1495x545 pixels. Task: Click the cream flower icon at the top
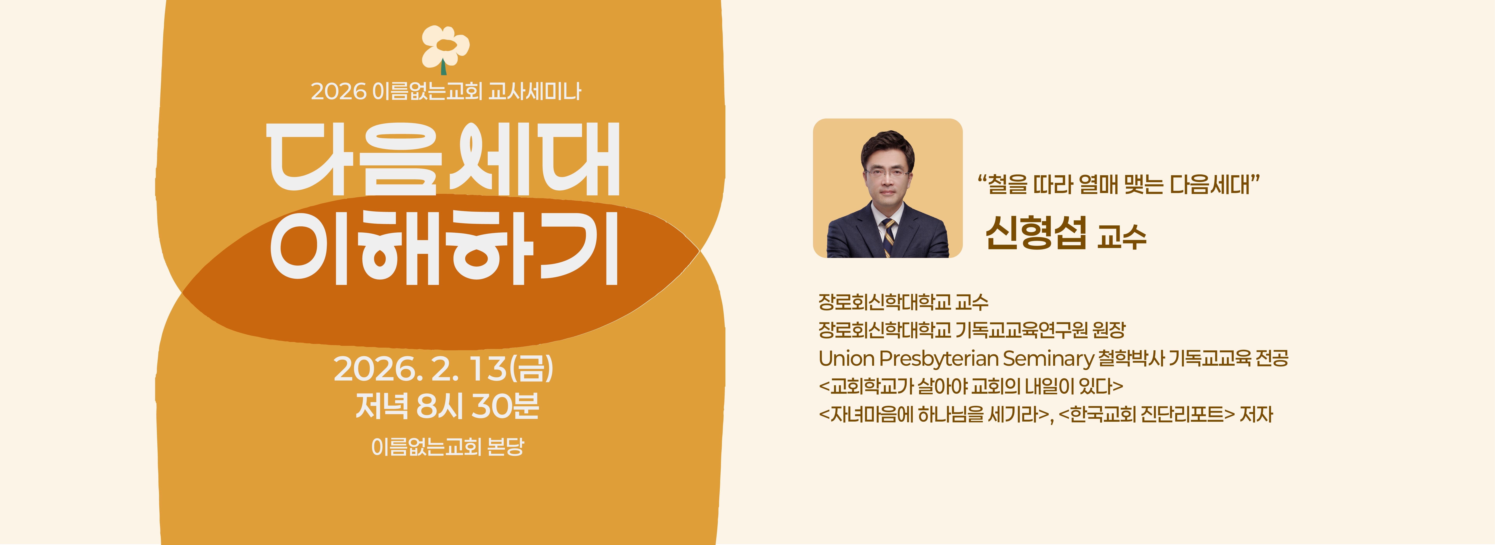[445, 47]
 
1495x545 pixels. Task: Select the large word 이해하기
[444, 248]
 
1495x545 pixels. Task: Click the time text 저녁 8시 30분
[447, 406]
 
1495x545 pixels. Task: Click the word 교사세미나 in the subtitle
[534, 91]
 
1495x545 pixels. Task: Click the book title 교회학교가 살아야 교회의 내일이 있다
[971, 386]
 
